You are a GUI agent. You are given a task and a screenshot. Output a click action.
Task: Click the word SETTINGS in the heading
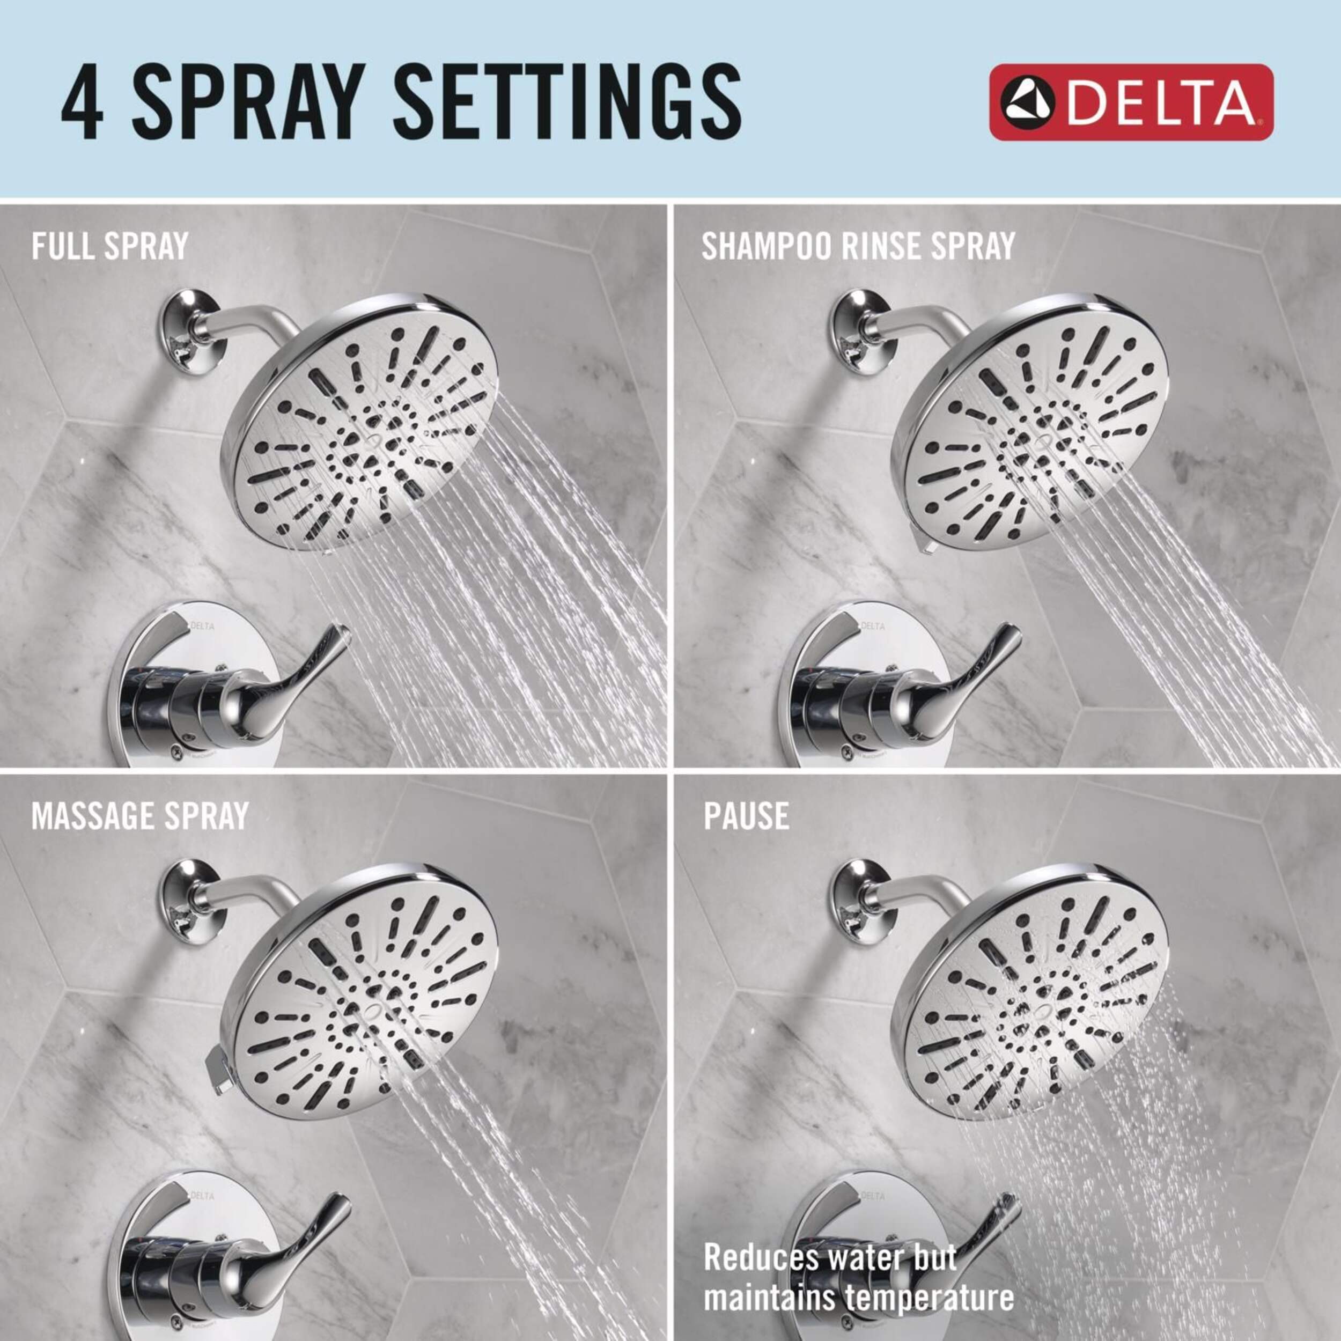567,102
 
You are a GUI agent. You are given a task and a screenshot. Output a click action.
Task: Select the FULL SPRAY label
109,246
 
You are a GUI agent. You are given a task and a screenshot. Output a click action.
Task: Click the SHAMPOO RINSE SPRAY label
858,246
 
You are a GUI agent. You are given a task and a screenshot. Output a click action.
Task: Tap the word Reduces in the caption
760,1258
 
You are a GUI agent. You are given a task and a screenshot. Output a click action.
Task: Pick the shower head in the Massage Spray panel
364,990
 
